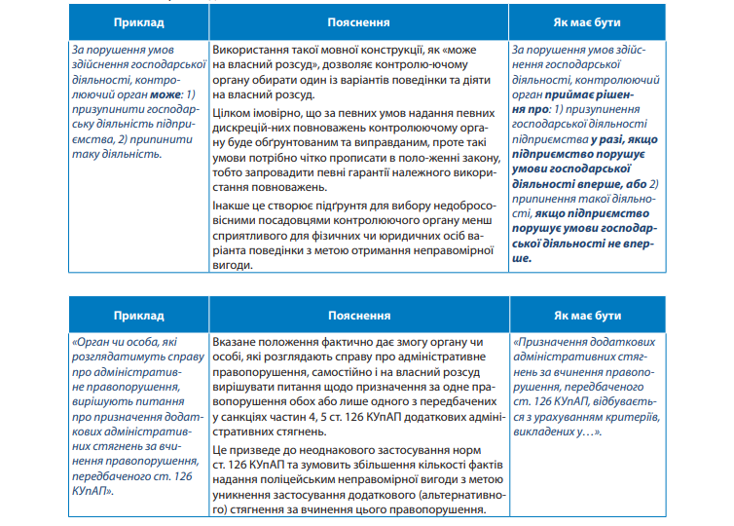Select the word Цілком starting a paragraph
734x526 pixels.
(229, 112)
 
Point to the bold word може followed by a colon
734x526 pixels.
(167, 95)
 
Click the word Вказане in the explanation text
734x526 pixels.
(234, 344)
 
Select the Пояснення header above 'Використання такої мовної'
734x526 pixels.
(359, 20)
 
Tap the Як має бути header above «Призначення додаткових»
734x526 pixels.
(588, 316)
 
